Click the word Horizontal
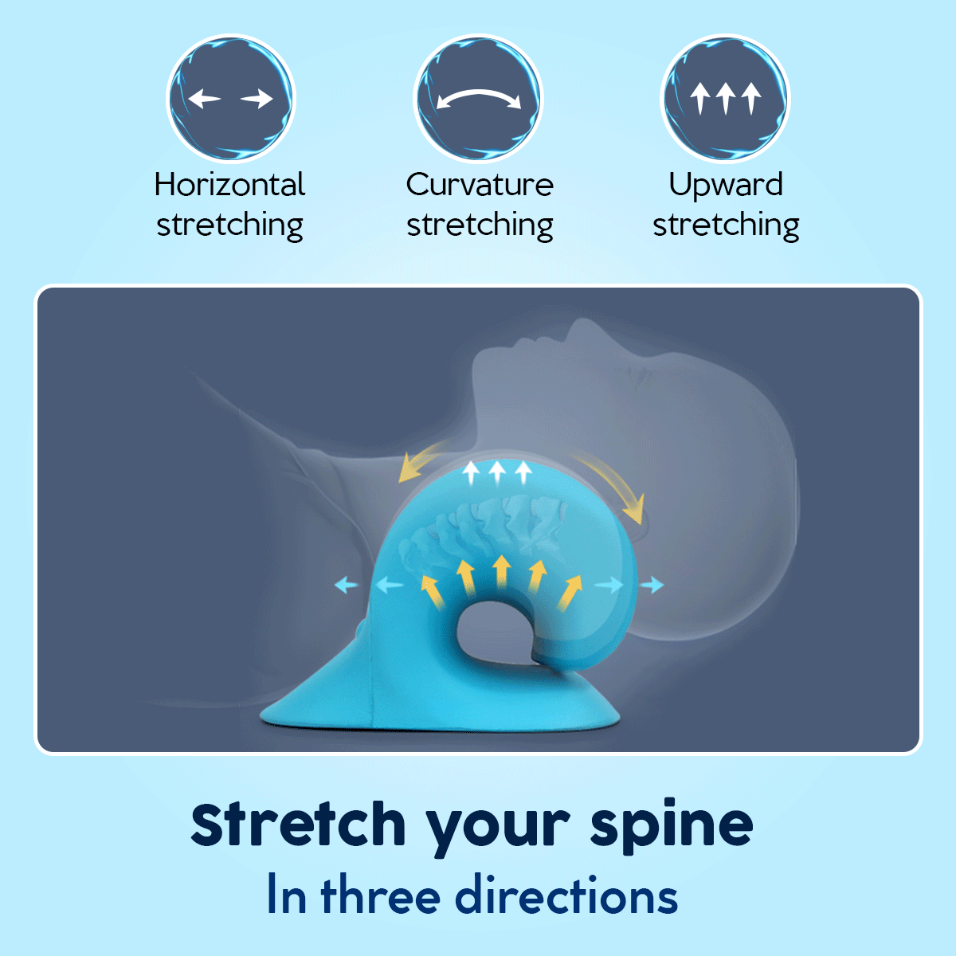point(229,185)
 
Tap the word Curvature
point(480,185)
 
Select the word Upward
point(726,185)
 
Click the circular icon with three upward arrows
point(725,99)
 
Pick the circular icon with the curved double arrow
point(478,99)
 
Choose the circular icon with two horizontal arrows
point(230,99)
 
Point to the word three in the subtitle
point(380,895)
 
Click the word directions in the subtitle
point(566,895)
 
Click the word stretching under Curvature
point(480,225)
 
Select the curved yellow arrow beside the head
point(615,486)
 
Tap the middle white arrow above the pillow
point(497,472)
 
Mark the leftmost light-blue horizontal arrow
point(346,586)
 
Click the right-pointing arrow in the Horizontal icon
point(257,99)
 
